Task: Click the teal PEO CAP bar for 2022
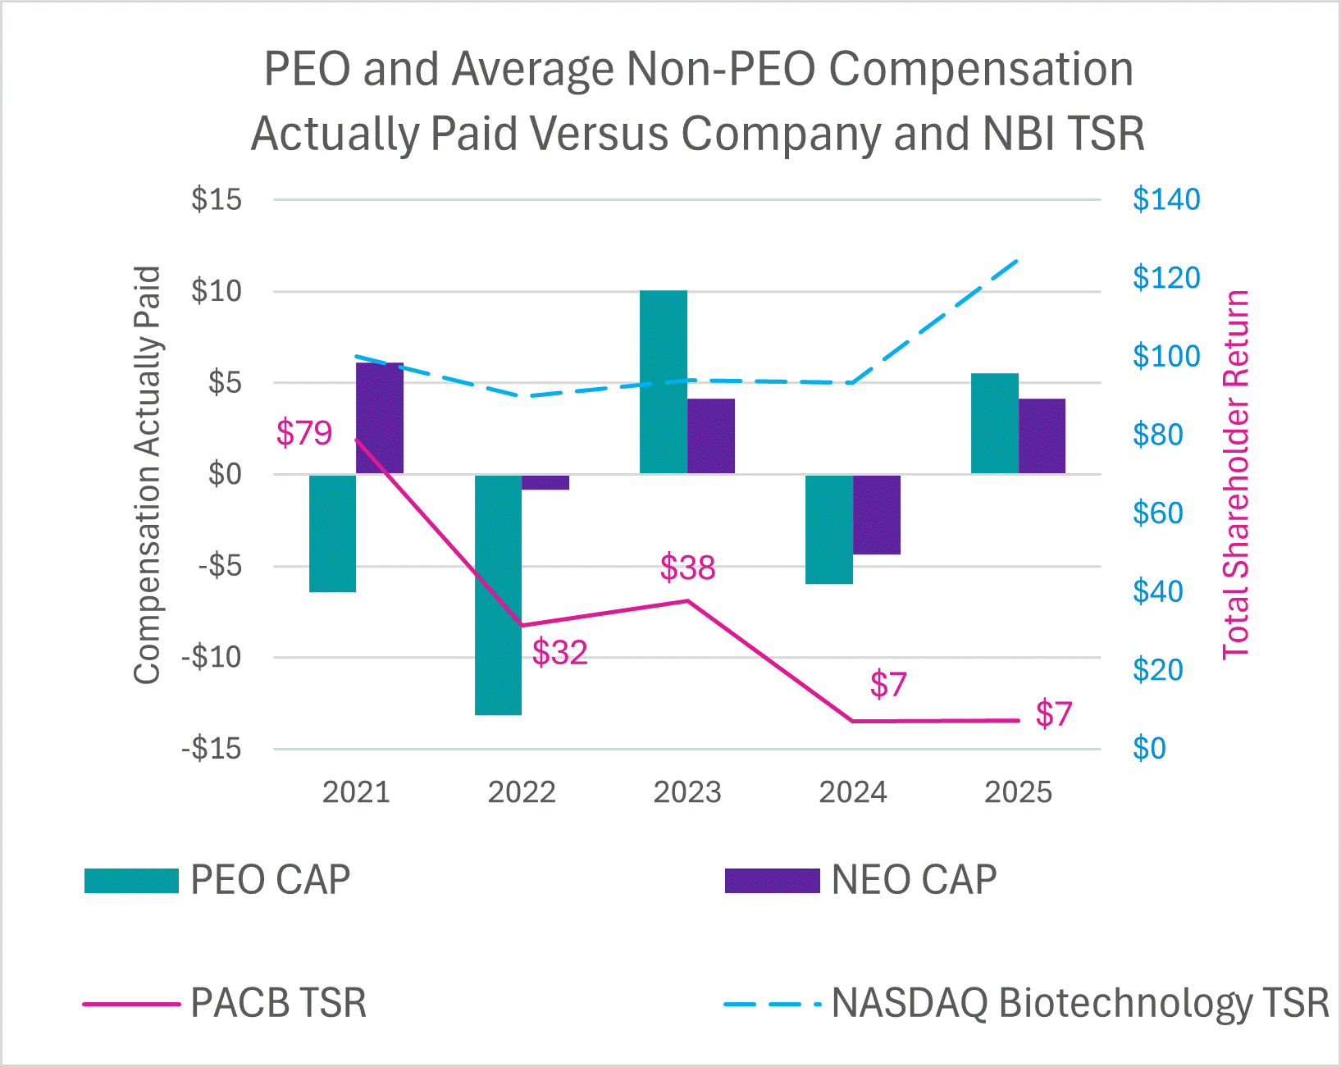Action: pyautogui.click(x=498, y=595)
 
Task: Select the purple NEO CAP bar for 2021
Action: pyautogui.click(x=380, y=418)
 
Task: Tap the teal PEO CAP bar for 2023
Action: pyautogui.click(x=663, y=382)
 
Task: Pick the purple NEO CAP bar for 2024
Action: pyautogui.click(x=877, y=515)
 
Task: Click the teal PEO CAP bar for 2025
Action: pyautogui.click(x=994, y=423)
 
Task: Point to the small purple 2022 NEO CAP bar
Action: pyautogui.click(x=545, y=482)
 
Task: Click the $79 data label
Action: pyautogui.click(x=303, y=433)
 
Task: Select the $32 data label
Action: pyautogui.click(x=559, y=653)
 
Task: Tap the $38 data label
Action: pyautogui.click(x=687, y=568)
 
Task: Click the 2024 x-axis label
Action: pyautogui.click(x=853, y=792)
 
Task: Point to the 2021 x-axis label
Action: pyautogui.click(x=356, y=792)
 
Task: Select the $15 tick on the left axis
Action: pyautogui.click(x=217, y=199)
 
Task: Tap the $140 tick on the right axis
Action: pyautogui.click(x=1165, y=199)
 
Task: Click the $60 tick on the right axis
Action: pyautogui.click(x=1157, y=513)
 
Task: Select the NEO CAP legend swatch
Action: pyautogui.click(x=772, y=881)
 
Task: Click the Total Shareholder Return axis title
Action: pyautogui.click(x=1236, y=474)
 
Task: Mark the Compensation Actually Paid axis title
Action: pyautogui.click(x=147, y=474)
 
